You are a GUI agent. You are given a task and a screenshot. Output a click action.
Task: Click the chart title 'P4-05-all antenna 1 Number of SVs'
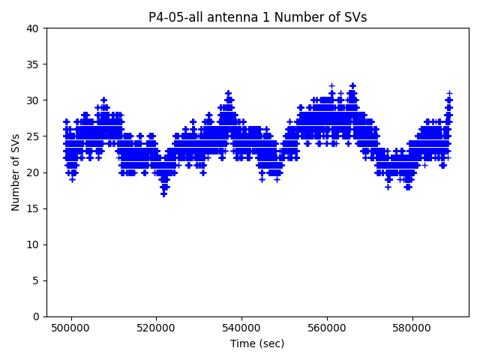[257, 17]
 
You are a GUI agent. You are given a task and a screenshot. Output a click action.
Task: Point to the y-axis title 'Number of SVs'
[16, 172]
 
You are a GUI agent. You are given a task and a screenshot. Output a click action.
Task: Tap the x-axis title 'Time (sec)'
[257, 343]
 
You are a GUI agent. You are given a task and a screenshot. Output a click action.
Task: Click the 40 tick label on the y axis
[33, 28]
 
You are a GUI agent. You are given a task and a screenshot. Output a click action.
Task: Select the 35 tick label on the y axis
[33, 64]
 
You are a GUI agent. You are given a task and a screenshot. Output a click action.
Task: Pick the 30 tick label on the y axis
[33, 100]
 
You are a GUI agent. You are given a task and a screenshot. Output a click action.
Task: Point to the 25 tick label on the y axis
[33, 136]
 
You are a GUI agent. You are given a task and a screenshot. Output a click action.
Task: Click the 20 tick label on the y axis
[33, 172]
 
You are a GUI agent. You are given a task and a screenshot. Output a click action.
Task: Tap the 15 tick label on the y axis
[33, 208]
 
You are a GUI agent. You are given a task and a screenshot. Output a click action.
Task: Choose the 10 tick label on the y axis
[33, 244]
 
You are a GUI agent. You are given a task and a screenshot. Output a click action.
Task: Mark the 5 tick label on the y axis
[36, 280]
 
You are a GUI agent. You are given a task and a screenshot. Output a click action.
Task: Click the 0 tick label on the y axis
[36, 316]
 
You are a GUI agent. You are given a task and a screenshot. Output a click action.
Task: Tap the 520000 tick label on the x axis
[156, 328]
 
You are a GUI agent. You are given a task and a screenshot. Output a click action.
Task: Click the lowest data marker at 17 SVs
[163, 193]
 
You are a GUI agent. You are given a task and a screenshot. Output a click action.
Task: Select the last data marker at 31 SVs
[449, 93]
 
